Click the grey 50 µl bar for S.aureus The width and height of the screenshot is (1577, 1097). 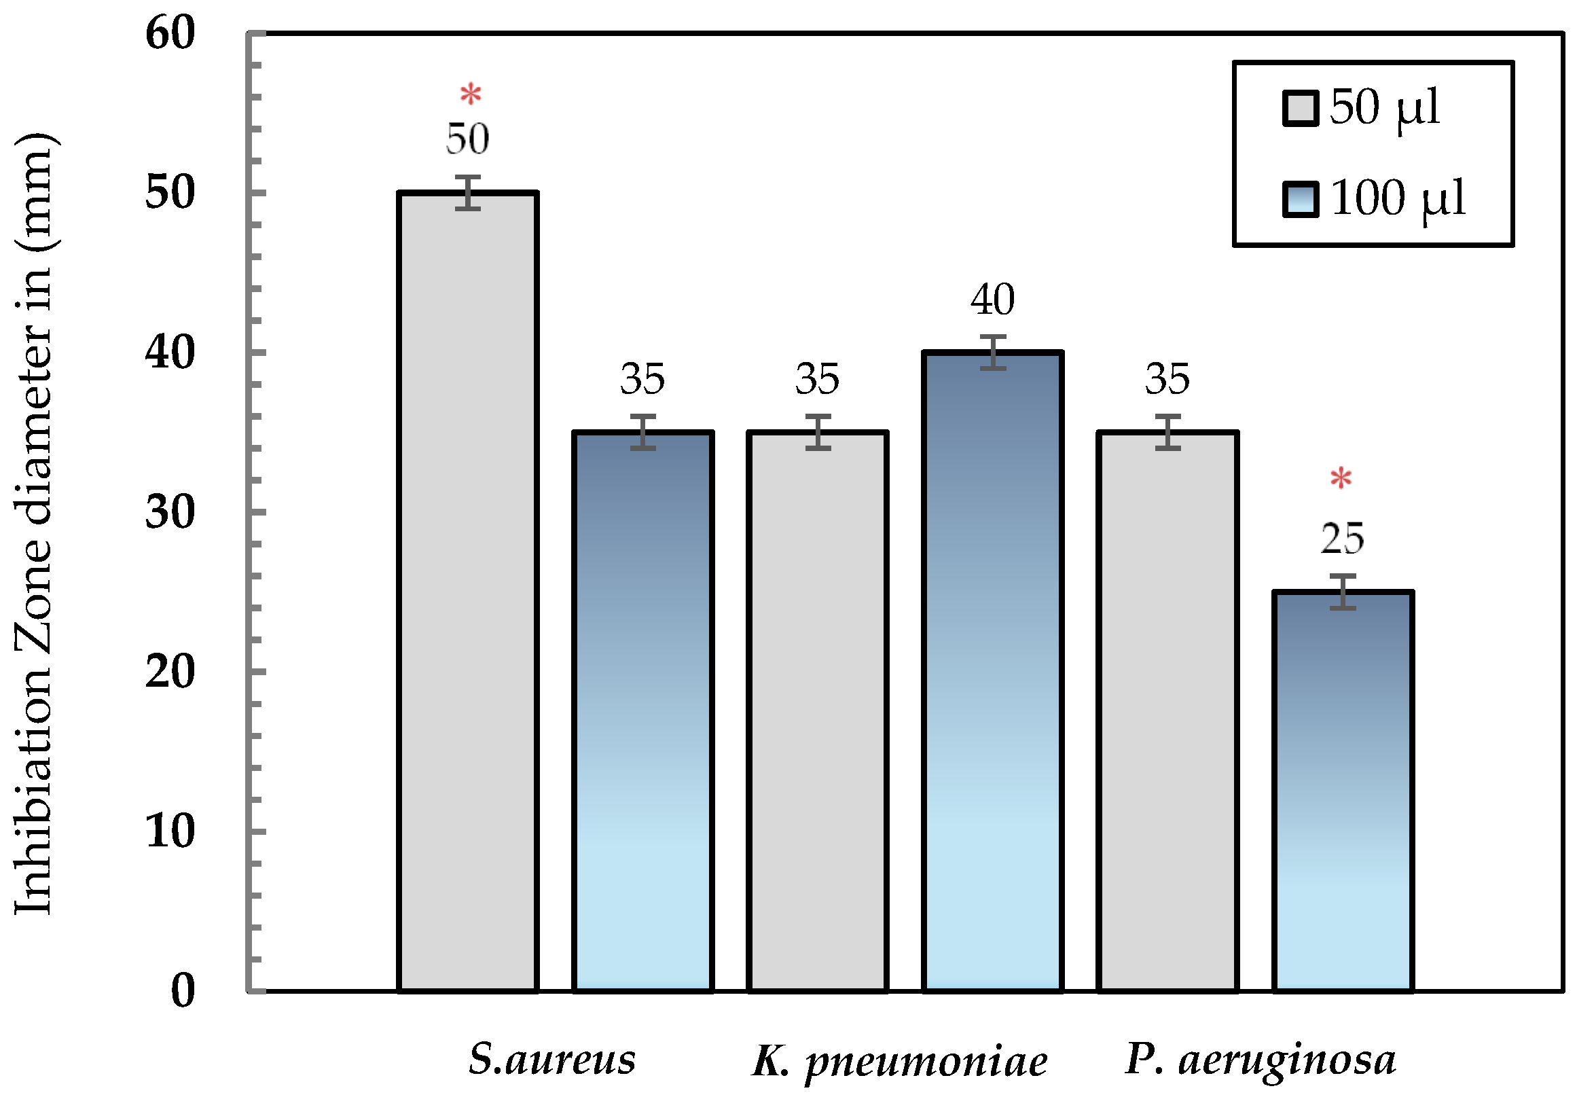(468, 591)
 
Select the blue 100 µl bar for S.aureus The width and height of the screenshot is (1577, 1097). (643, 711)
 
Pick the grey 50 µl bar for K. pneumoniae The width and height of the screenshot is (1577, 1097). (818, 711)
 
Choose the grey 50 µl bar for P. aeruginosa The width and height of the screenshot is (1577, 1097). (1167, 711)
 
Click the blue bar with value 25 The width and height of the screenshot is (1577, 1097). (1343, 790)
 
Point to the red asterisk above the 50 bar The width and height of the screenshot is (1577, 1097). (471, 95)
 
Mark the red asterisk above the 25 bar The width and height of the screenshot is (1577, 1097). (1341, 479)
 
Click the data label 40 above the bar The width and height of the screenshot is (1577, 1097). (992, 300)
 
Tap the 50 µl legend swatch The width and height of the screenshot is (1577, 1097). (1300, 109)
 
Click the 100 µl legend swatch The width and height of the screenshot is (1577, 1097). (1300, 199)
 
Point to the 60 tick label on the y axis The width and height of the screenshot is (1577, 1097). (170, 33)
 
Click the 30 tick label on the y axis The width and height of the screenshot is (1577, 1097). (170, 511)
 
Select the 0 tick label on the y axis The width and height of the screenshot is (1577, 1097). (183, 990)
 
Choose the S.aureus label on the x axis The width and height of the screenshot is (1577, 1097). (552, 1058)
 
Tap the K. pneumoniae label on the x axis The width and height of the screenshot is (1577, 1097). (900, 1062)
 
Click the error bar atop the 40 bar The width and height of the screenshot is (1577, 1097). (993, 353)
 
